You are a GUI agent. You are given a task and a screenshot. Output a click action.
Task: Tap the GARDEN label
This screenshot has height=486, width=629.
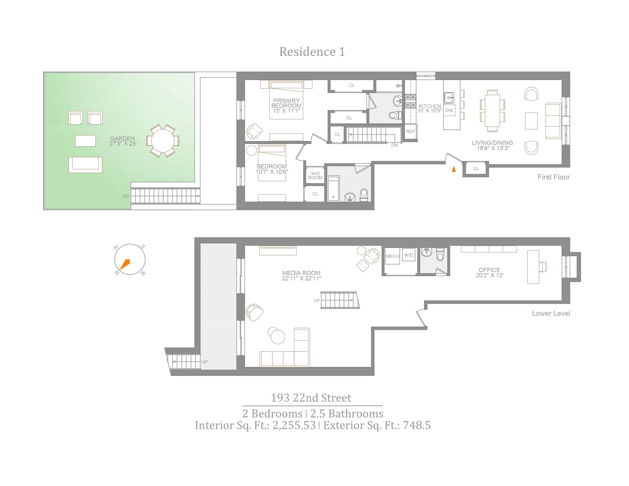tap(122, 139)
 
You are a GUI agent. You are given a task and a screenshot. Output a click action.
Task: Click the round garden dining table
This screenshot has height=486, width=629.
tap(163, 141)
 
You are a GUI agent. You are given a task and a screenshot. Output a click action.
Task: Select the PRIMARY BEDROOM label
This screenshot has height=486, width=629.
tap(286, 103)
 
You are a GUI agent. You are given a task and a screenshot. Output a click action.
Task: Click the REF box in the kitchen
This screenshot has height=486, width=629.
tap(410, 132)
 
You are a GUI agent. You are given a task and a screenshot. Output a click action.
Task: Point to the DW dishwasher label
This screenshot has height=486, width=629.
tap(449, 110)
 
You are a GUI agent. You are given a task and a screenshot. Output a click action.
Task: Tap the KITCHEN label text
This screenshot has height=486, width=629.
tap(430, 106)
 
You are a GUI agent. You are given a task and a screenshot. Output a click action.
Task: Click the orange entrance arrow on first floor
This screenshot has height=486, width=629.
tap(454, 169)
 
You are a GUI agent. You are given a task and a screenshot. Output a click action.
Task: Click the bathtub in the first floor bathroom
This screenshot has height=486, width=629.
tap(334, 188)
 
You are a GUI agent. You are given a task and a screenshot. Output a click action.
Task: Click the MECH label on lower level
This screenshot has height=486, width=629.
tap(392, 256)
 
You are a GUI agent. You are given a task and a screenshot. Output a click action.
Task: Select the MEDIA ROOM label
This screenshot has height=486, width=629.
tap(301, 273)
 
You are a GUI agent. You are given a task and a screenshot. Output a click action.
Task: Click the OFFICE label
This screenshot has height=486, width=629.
tap(489, 270)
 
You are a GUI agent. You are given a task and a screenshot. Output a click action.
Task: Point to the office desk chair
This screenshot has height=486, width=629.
tap(543, 267)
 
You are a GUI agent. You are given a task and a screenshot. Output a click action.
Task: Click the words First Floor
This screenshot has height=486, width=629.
tap(553, 177)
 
